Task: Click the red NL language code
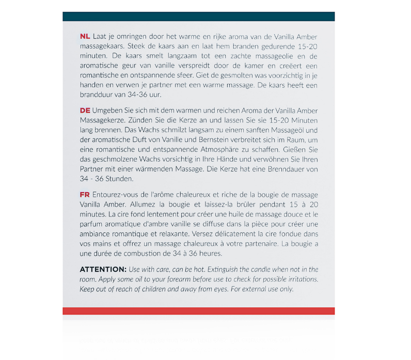(x=85, y=37)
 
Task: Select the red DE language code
(x=85, y=111)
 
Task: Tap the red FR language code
(x=85, y=195)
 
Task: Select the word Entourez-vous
(x=117, y=195)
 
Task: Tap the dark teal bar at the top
(x=198, y=17)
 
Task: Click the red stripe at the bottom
(x=198, y=311)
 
